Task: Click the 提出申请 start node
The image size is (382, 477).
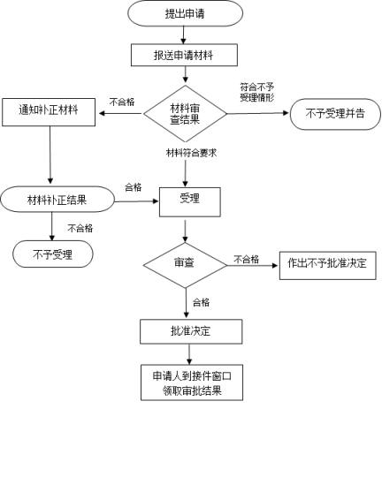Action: pyautogui.click(x=185, y=13)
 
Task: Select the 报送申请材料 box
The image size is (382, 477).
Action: pyautogui.click(x=184, y=55)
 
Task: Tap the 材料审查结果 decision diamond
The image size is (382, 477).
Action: pyautogui.click(x=185, y=114)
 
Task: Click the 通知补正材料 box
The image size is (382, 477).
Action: pyautogui.click(x=49, y=112)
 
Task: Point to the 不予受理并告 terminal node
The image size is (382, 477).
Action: pyautogui.click(x=335, y=114)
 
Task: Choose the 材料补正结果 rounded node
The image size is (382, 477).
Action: pyautogui.click(x=57, y=200)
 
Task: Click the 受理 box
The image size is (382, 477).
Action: pyautogui.click(x=190, y=202)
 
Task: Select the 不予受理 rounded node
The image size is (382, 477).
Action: pyautogui.click(x=53, y=254)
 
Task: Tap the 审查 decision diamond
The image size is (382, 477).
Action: pyautogui.click(x=185, y=265)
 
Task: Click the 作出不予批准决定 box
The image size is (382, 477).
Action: pyautogui.click(x=328, y=266)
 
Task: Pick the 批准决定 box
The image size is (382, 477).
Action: pyautogui.click(x=191, y=331)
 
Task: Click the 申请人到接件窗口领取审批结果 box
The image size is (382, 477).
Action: pyautogui.click(x=192, y=382)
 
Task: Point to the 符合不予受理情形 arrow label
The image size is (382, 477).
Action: pyautogui.click(x=257, y=92)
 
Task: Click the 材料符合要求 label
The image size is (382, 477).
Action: pyautogui.click(x=191, y=153)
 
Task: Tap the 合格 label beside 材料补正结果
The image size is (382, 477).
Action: pyautogui.click(x=134, y=187)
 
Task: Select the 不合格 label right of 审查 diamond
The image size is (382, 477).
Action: pyautogui.click(x=247, y=259)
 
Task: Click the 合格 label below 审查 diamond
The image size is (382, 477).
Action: pyautogui.click(x=201, y=302)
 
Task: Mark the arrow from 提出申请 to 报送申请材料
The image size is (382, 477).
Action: pyautogui.click(x=183, y=35)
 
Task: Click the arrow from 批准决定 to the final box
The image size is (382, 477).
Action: pyautogui.click(x=189, y=354)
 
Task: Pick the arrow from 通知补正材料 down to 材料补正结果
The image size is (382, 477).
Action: pyautogui.click(x=50, y=155)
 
